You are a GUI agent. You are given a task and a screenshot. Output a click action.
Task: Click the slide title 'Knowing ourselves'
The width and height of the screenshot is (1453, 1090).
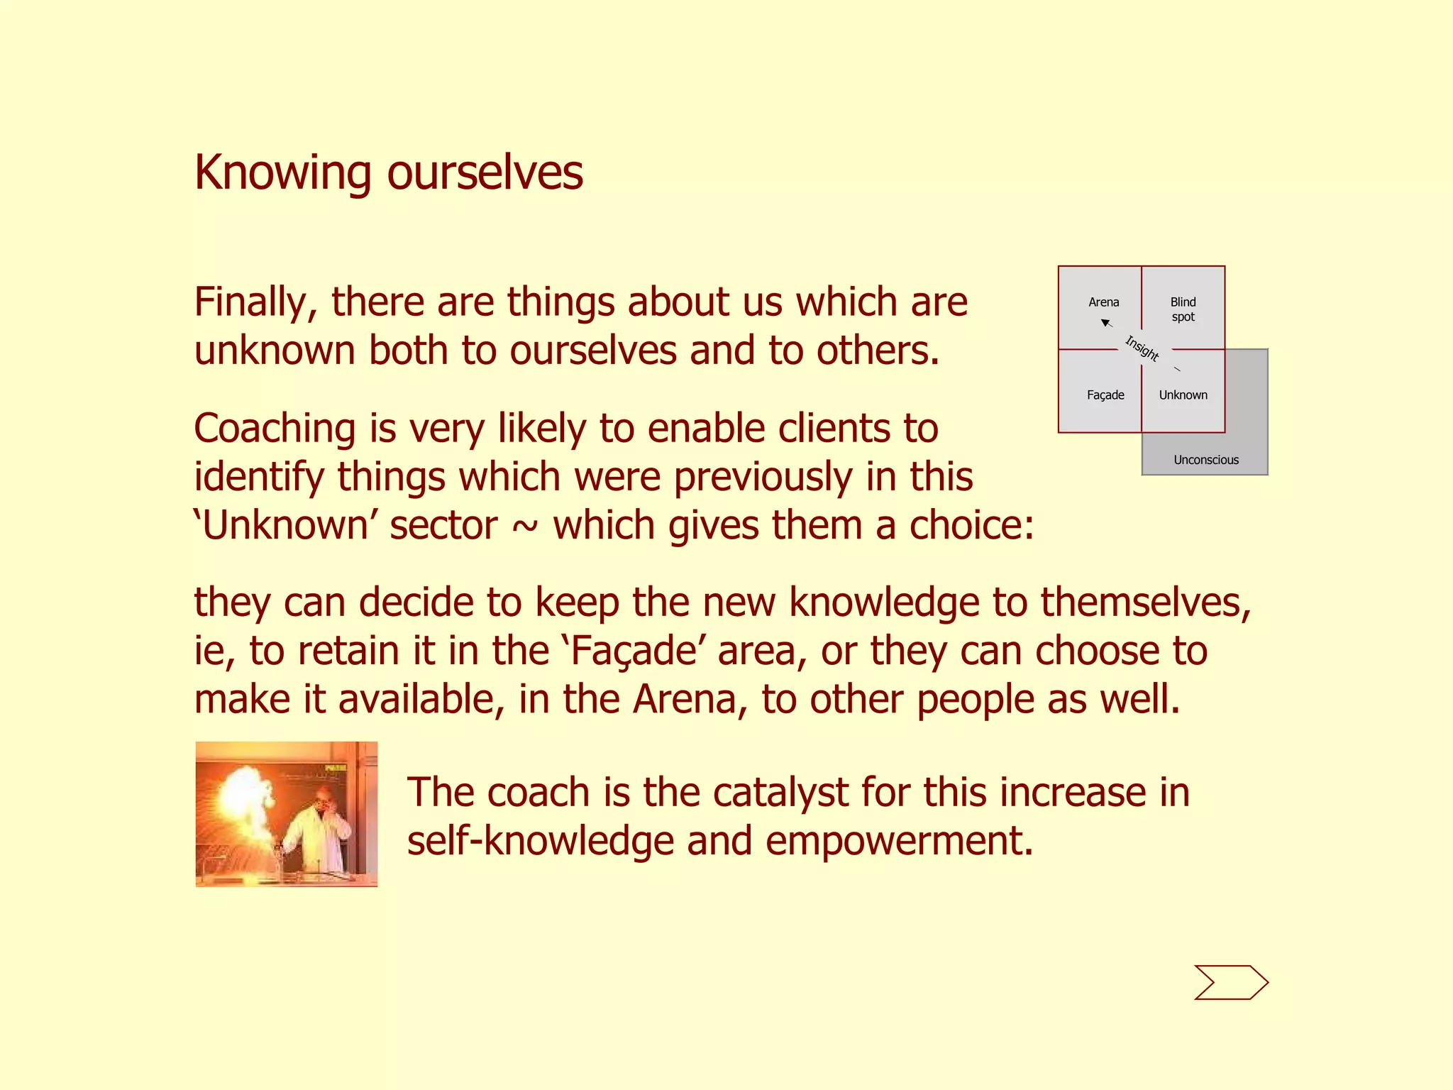click(388, 172)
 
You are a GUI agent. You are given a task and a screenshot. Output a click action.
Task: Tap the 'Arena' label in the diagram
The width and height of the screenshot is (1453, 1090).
click(1103, 302)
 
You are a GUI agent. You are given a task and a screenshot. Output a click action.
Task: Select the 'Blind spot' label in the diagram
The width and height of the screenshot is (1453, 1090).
click(1183, 309)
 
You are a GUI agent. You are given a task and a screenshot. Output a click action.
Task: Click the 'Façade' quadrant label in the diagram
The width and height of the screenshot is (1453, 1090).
click(1105, 395)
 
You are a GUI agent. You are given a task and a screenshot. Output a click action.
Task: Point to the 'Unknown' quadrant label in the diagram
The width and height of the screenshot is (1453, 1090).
click(1183, 395)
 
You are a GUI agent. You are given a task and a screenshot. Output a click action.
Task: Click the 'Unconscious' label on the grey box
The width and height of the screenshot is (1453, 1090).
click(1205, 460)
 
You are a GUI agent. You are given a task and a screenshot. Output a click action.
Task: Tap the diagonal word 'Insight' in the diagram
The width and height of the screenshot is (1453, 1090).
click(1142, 348)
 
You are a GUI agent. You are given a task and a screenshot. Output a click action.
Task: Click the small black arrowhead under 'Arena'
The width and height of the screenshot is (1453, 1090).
click(1105, 323)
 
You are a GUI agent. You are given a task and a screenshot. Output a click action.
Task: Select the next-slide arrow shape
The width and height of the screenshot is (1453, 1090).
click(1231, 982)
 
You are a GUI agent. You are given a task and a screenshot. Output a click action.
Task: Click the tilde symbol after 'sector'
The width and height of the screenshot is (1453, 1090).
click(525, 527)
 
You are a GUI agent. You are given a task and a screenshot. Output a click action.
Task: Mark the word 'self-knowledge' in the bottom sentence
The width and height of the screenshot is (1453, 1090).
click(540, 842)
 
